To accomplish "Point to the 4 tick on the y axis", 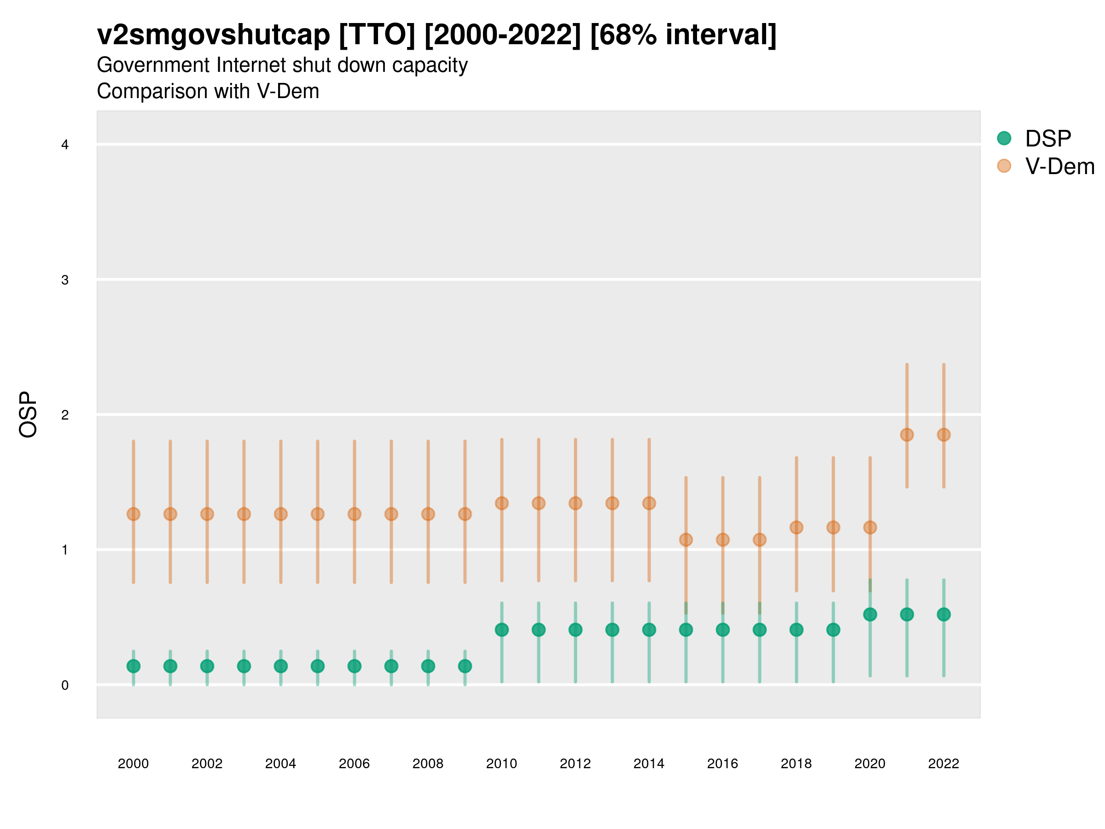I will coord(64,145).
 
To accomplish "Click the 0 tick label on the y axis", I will coord(64,685).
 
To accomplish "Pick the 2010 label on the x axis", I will coord(501,764).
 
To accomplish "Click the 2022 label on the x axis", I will coord(943,764).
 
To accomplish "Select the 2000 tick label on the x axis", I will coord(133,764).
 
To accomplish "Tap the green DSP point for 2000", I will coord(134,666).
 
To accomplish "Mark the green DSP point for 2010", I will coord(501,630).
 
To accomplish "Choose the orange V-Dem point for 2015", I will coord(686,540).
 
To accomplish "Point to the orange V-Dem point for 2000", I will coord(134,514).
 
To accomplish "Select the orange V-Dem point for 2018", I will coord(796,528).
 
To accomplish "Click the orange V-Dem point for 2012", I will coord(576,503).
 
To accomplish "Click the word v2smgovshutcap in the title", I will coord(213,35).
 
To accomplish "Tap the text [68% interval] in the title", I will coord(683,35).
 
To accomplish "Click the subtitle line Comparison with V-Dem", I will coord(208,92).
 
